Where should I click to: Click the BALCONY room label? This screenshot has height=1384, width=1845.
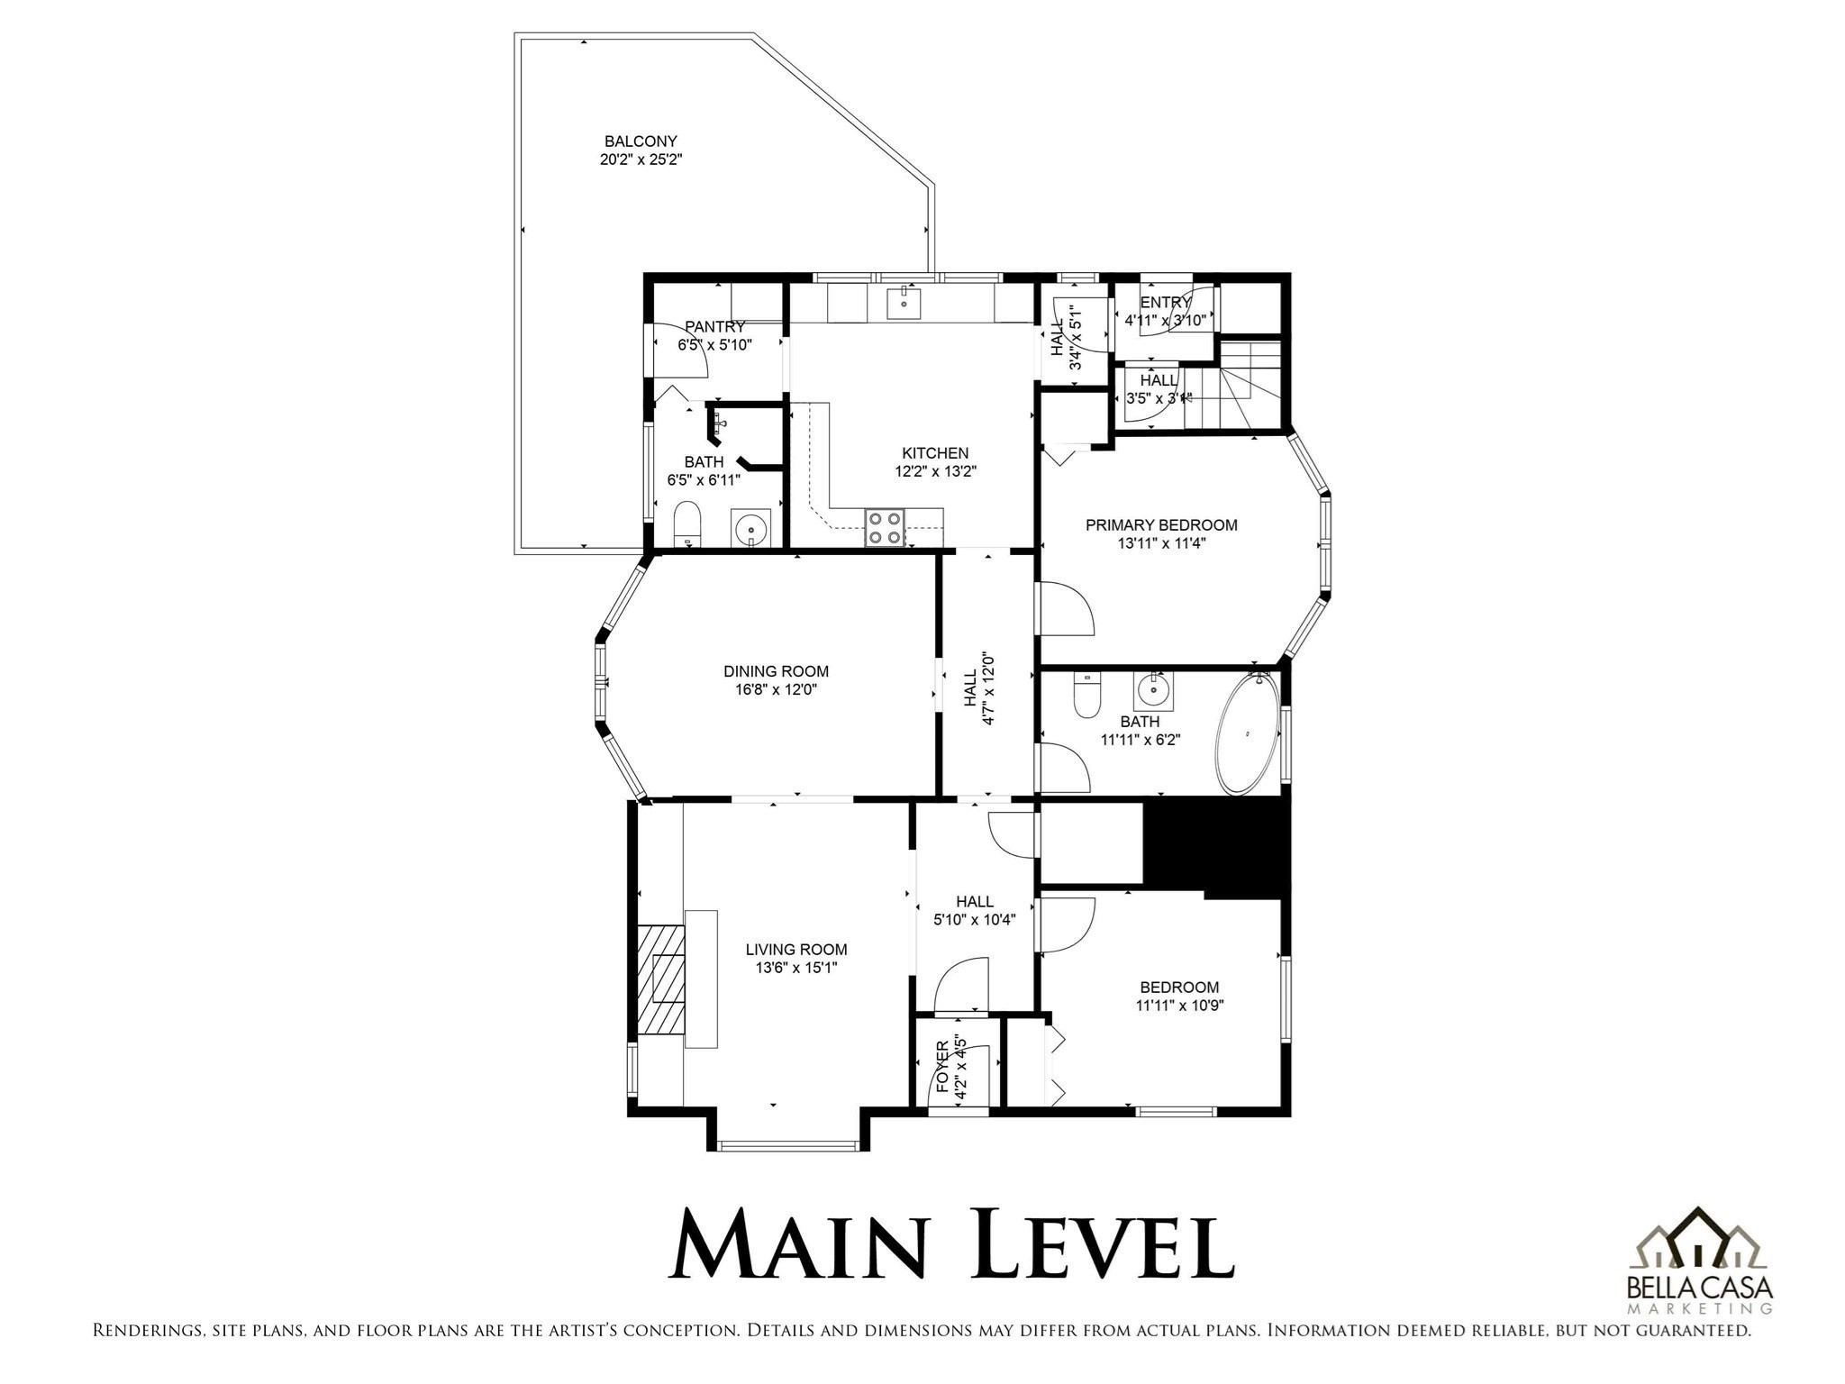click(x=641, y=141)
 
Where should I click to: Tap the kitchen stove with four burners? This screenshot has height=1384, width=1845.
click(x=885, y=527)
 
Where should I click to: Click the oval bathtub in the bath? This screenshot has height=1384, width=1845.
click(x=1248, y=733)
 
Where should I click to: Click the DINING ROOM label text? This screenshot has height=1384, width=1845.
click(x=776, y=671)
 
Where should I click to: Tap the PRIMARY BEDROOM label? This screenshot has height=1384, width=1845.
click(x=1161, y=524)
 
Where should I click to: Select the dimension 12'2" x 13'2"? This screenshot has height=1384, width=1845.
click(x=935, y=470)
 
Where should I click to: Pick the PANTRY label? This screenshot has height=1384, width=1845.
click(x=714, y=326)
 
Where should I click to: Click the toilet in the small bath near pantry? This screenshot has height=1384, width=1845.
click(x=687, y=524)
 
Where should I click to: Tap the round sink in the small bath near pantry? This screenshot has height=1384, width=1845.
click(x=750, y=528)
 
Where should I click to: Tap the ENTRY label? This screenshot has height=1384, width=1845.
click(x=1165, y=303)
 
